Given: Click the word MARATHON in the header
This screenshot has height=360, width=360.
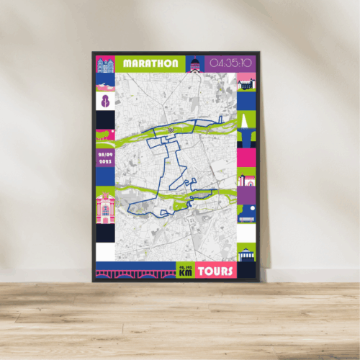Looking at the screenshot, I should [x=150, y=63].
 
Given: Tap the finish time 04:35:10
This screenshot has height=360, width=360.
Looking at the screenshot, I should [x=231, y=63].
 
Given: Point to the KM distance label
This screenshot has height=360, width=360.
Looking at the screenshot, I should [x=186, y=272].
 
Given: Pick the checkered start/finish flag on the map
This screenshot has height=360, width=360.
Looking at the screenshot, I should [x=171, y=130].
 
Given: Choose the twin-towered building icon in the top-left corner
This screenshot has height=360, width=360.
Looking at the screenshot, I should [x=106, y=64].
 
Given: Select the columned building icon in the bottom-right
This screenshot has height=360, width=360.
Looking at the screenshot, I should [x=246, y=253].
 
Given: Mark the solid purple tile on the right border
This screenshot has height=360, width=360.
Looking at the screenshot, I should [x=246, y=195].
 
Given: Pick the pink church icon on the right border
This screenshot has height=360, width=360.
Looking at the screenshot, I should [x=246, y=176].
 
